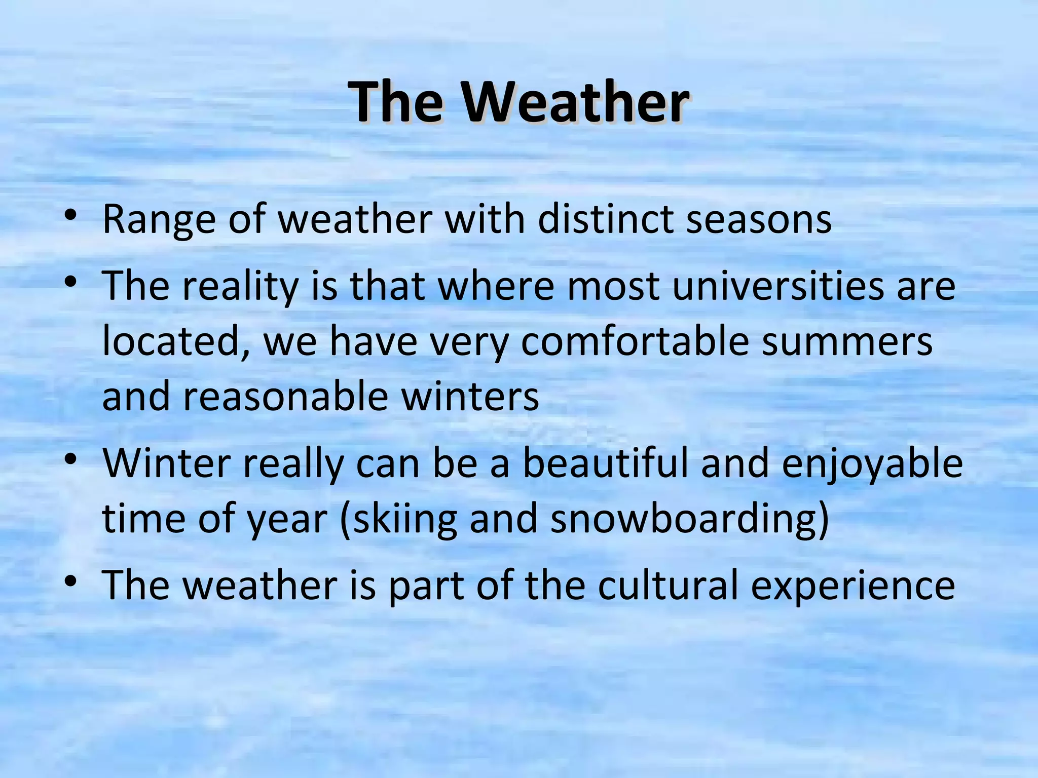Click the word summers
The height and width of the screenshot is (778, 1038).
coord(847,342)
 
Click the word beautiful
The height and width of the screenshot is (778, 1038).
coord(605,463)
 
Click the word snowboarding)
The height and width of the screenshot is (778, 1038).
coord(689,519)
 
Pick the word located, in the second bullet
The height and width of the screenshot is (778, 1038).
coord(175,342)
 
